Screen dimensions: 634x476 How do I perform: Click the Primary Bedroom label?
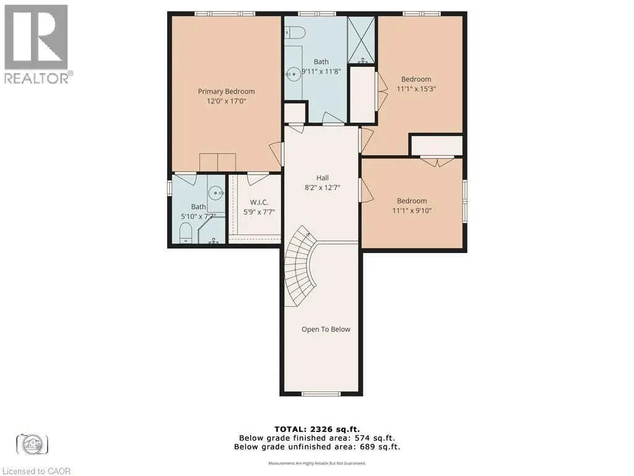coord(226,92)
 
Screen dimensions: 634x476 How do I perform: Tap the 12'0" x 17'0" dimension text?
coord(227,101)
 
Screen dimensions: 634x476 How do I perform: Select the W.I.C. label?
coord(259,203)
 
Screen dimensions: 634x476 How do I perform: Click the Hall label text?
coord(322,178)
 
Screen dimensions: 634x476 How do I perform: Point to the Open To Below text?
coord(326,329)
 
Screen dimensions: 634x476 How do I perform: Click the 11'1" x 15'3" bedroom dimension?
coord(416,89)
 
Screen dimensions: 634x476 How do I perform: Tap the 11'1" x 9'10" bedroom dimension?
coord(412,211)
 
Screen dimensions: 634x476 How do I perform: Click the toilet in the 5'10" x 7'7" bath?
coord(185,234)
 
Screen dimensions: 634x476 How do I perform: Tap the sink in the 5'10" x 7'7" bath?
coord(217,193)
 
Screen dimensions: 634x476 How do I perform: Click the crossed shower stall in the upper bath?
coord(362,40)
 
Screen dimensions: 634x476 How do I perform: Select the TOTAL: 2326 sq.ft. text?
coord(317,429)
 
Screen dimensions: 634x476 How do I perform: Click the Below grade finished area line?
coord(317,438)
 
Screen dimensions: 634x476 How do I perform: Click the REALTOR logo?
coord(37,44)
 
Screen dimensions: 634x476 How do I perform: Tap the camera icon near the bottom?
coord(32,444)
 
